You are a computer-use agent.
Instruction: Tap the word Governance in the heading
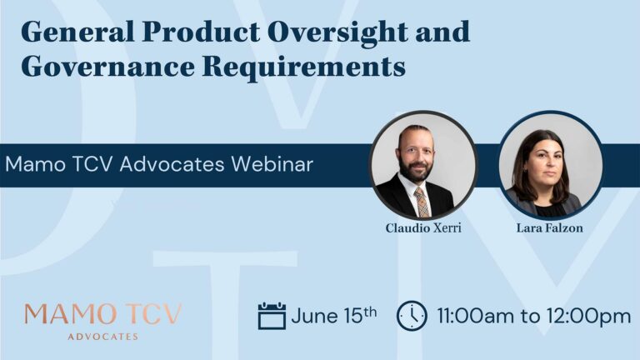point(107,66)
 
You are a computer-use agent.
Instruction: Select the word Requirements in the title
point(304,67)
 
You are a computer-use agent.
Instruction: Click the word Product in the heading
point(201,32)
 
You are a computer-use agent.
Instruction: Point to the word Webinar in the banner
point(272,164)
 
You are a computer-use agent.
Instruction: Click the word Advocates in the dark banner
point(172,164)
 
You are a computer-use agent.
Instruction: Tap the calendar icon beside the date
point(272,316)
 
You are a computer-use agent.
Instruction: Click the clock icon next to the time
point(412,316)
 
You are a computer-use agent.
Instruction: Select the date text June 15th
point(334,316)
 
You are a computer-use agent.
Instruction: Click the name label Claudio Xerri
point(423,228)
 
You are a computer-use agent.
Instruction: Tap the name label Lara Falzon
point(549,227)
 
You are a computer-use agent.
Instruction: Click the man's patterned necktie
point(422,202)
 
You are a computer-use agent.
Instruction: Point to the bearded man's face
point(416,156)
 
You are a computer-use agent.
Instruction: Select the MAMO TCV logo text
point(102,314)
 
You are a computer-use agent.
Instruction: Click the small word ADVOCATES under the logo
point(102,337)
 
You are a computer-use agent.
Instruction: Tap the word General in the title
point(78,32)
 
